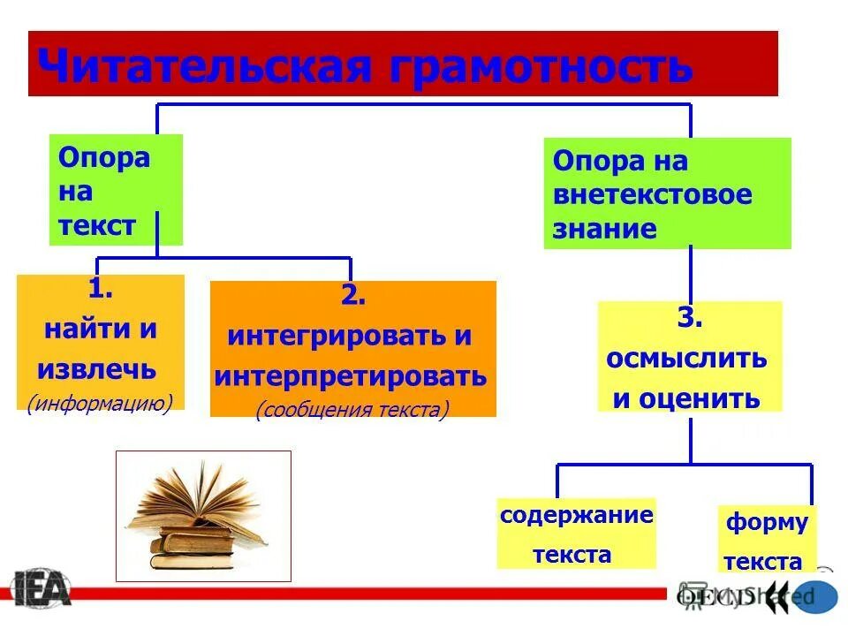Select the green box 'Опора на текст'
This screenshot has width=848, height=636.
[115, 190]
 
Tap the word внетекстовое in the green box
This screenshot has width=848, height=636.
[653, 195]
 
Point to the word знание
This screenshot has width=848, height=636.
[605, 230]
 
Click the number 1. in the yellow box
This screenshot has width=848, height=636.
[100, 290]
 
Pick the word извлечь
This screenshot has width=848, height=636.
[97, 368]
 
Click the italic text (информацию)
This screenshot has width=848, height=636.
[100, 403]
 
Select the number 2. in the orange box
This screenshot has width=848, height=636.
[352, 297]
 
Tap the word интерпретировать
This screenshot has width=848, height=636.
[351, 376]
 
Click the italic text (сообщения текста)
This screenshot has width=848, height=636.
[352, 409]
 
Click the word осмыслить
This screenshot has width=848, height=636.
[686, 360]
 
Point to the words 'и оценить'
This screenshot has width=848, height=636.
[686, 398]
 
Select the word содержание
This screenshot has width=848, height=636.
[577, 516]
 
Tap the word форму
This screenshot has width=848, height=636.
[767, 523]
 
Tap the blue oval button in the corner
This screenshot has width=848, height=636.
[814, 596]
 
